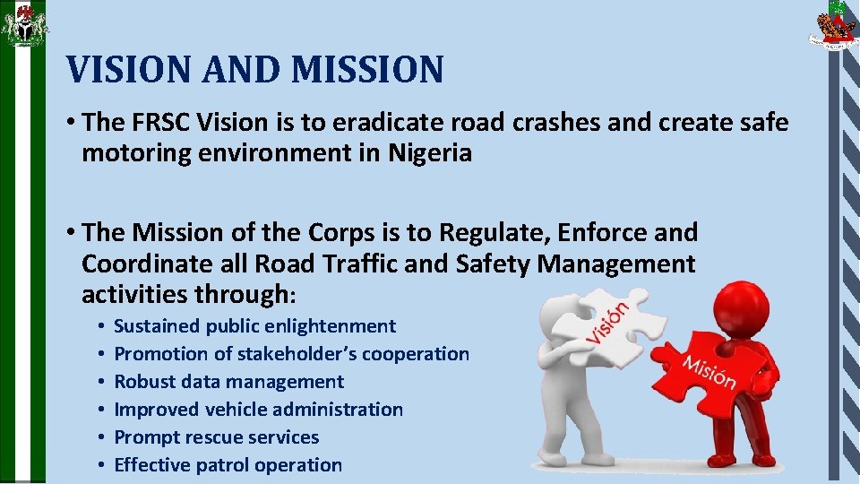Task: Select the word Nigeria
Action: tap(430, 153)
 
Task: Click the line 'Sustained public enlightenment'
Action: tap(254, 326)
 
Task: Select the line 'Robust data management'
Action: tap(228, 382)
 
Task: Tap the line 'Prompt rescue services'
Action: tap(216, 437)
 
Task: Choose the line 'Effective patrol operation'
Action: tap(228, 465)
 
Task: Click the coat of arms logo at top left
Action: tap(23, 24)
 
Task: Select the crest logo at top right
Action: tap(833, 26)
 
